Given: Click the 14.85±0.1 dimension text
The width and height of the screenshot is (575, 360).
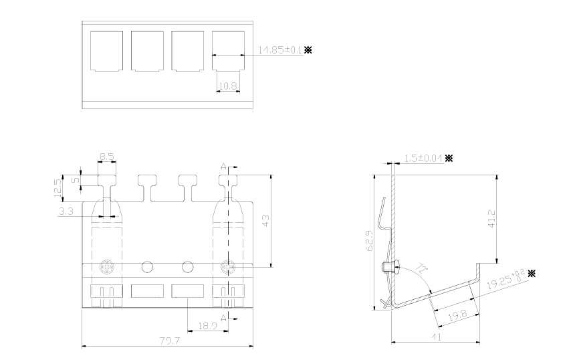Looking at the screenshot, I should tap(280, 50).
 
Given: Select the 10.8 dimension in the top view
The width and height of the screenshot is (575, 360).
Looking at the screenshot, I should tap(227, 86).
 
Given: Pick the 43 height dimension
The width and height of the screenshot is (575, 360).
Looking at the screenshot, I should tap(266, 221).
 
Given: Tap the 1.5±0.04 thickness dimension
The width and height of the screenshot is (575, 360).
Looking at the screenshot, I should tap(424, 158).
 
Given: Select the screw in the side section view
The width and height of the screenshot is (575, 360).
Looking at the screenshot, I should tap(388, 267).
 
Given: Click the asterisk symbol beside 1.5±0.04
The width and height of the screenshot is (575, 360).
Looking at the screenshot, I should tap(449, 158).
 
